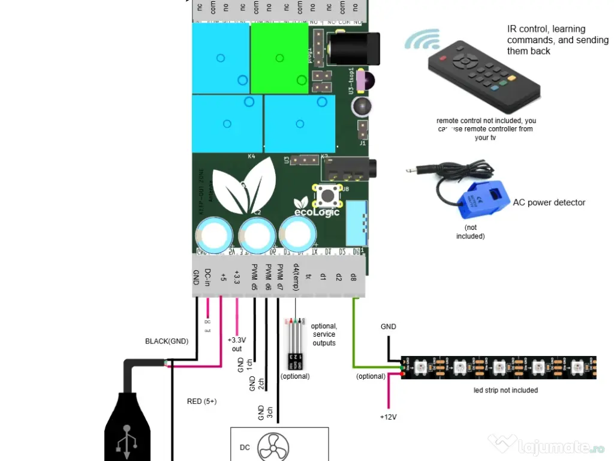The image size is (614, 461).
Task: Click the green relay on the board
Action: pyautogui.click(x=279, y=58)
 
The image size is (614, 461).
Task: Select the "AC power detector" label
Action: pyautogui.click(x=549, y=203)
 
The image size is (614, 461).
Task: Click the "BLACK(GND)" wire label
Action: pyautogui.click(x=167, y=342)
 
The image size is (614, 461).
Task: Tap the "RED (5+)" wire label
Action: pyautogui.click(x=202, y=401)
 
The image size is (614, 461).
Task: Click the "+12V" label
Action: pyautogui.click(x=389, y=417)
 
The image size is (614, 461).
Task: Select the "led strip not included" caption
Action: pyautogui.click(x=505, y=390)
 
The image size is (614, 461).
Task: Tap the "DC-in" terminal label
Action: pyautogui.click(x=207, y=277)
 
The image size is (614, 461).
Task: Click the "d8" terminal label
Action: pyautogui.click(x=353, y=277)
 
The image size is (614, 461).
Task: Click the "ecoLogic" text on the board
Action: pyautogui.click(x=317, y=211)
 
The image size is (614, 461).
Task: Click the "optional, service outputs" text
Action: pyautogui.click(x=324, y=334)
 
